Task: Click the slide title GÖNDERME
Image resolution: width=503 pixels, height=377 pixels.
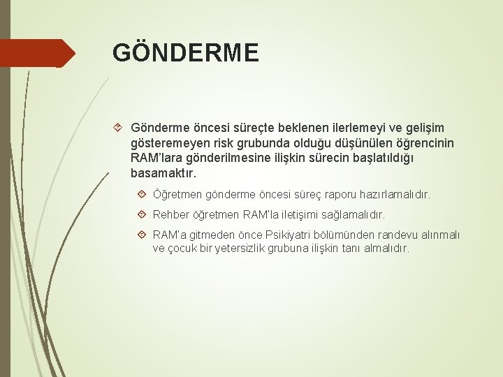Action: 185,53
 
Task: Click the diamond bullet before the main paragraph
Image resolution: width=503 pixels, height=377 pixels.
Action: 118,128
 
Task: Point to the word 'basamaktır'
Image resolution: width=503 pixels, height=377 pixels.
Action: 163,172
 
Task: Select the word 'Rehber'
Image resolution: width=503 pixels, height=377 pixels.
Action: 170,215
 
